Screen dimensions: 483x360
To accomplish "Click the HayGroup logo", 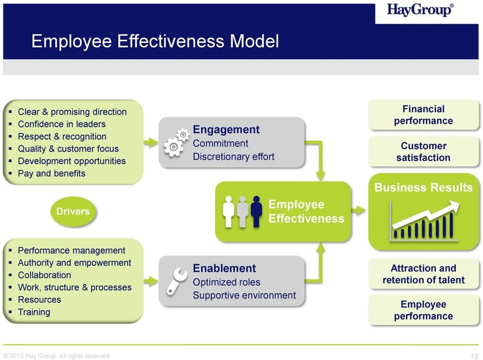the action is tap(420, 10).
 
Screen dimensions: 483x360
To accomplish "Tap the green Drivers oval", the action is tap(73, 211).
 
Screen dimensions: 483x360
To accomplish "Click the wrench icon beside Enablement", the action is tap(176, 281).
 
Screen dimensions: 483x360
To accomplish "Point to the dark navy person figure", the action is tap(256, 211).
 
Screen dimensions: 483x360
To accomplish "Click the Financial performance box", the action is tap(424, 115).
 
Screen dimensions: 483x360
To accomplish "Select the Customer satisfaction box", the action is tap(424, 152).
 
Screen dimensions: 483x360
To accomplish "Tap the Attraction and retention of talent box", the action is tap(424, 274).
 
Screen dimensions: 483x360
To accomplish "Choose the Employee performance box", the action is tap(424, 310).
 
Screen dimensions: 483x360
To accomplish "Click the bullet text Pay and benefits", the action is tap(51, 174).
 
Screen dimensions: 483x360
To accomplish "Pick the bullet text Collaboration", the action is tap(45, 275).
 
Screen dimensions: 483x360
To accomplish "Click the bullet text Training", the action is tap(34, 312).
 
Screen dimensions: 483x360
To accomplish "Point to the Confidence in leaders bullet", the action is tap(62, 124).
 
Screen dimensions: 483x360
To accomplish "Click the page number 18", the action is tap(474, 356).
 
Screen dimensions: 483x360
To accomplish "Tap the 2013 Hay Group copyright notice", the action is tap(56, 356).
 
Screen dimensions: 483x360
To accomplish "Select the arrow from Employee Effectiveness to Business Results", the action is tap(358, 211).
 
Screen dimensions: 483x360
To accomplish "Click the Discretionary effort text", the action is tap(233, 157).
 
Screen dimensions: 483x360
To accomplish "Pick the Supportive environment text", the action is tap(244, 295).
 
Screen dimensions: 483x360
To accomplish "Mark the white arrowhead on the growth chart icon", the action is tap(454, 206).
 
